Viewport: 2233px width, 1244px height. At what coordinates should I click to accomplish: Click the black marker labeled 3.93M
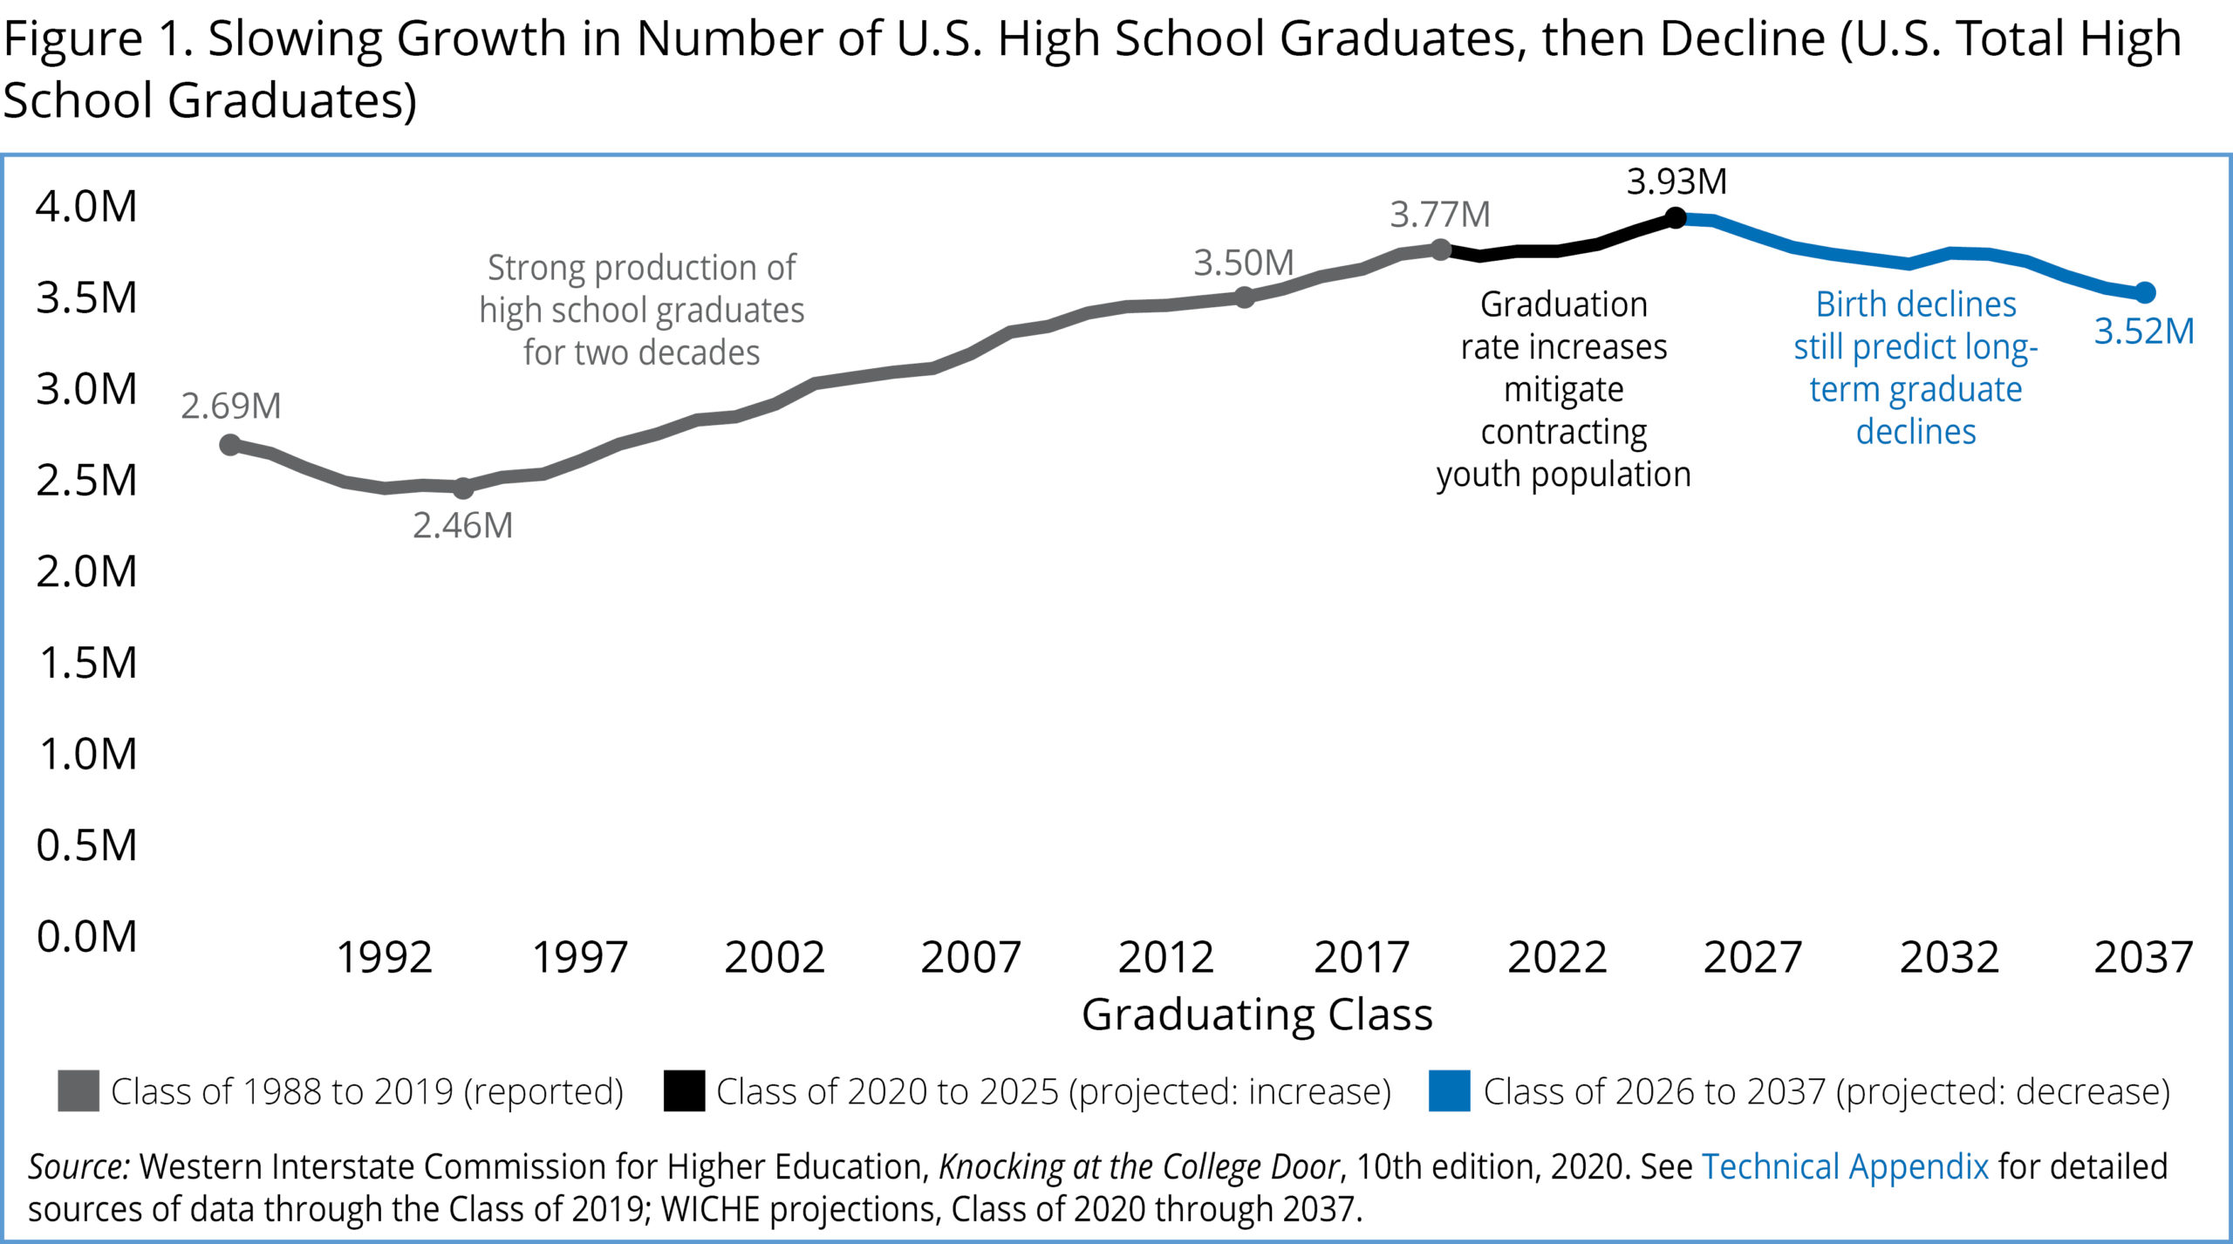point(1675,218)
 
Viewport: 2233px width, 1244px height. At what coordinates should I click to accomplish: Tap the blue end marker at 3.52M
point(2145,293)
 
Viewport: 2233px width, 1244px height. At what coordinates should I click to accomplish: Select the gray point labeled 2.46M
point(463,488)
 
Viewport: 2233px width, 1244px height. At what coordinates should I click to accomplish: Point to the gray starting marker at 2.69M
point(230,445)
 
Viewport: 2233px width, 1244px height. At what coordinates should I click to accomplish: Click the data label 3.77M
point(1440,215)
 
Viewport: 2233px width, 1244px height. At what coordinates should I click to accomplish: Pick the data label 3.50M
point(1244,263)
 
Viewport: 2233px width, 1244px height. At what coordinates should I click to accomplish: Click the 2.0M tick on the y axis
point(86,572)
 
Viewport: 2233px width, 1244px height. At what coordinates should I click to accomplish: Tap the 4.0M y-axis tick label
point(86,207)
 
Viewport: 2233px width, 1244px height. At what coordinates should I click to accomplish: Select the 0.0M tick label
point(86,937)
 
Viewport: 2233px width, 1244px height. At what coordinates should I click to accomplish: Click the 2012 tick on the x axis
point(1165,958)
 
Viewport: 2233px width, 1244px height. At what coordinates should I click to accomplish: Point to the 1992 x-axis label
point(385,958)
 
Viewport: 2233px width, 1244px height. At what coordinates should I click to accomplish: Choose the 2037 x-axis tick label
point(2143,958)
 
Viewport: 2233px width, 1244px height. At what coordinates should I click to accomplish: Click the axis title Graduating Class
point(1257,1015)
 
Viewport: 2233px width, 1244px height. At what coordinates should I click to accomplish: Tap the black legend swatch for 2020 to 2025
point(684,1090)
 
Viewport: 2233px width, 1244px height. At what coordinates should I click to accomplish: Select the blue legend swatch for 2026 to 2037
point(1449,1090)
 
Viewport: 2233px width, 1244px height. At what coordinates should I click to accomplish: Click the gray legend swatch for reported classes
point(79,1090)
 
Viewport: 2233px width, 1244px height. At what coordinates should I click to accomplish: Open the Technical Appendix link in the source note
point(1845,1166)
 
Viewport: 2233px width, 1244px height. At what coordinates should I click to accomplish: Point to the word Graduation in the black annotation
point(1563,304)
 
